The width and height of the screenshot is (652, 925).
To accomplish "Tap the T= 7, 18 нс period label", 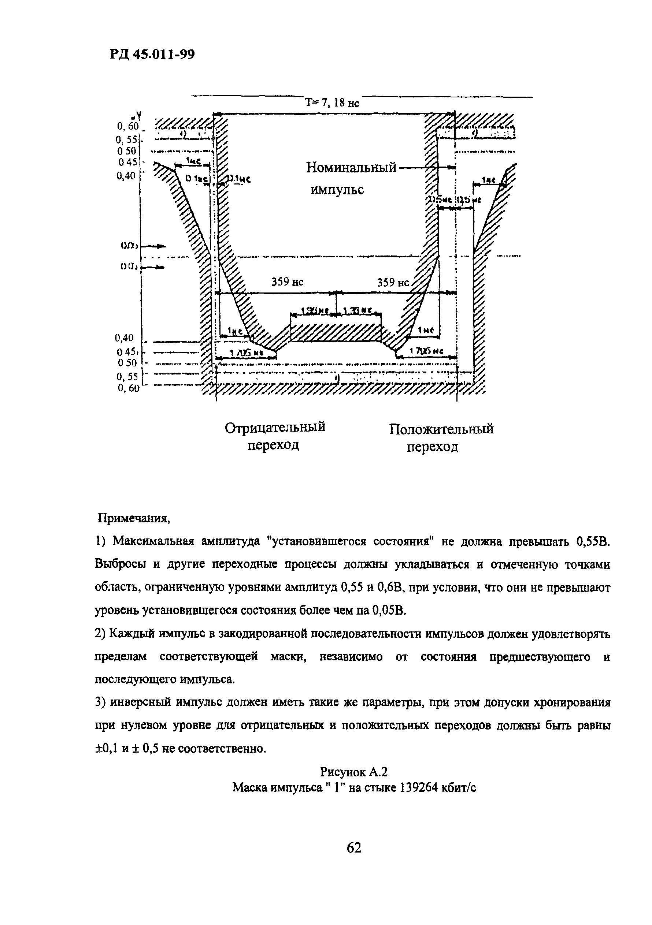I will click(331, 103).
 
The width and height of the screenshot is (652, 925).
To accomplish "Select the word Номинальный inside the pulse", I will click(351, 167).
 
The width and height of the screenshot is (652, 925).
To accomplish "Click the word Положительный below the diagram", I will click(441, 429).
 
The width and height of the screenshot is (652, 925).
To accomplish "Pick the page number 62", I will click(354, 848).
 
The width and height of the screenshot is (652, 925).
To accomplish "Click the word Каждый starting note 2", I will click(133, 634).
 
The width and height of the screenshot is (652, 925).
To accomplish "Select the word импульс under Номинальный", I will click(337, 189).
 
